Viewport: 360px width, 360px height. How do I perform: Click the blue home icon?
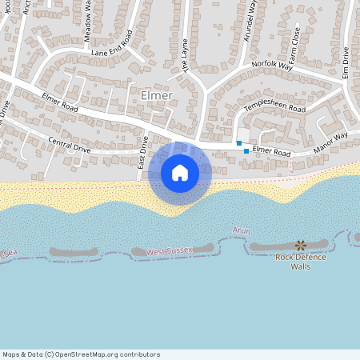point(180,173)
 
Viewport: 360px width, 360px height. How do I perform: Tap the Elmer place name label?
point(156,96)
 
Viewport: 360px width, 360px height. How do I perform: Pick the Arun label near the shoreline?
point(241,231)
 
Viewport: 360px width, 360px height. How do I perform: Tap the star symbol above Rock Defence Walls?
point(300,245)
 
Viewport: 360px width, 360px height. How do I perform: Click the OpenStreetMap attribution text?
point(81,354)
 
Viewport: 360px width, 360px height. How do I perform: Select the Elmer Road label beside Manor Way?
point(273,150)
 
